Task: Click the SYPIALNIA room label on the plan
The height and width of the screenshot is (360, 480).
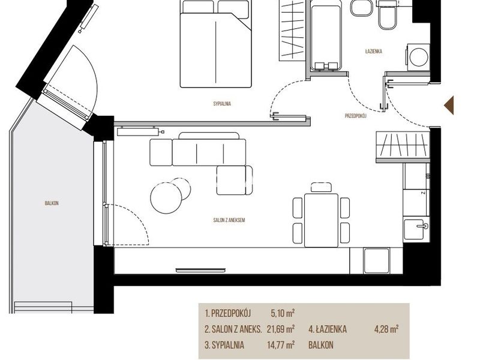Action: pyautogui.click(x=222, y=104)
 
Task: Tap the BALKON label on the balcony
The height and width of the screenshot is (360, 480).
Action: pyautogui.click(x=52, y=203)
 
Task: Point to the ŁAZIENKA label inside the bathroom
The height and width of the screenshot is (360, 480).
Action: pyautogui.click(x=373, y=52)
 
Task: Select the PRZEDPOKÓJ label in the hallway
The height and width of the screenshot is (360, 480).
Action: pyautogui.click(x=355, y=116)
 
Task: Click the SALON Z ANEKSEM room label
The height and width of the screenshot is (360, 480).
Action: pyautogui.click(x=229, y=220)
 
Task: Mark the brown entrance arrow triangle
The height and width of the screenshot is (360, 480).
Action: pyautogui.click(x=449, y=105)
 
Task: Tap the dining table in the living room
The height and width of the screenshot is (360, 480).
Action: pyautogui.click(x=321, y=220)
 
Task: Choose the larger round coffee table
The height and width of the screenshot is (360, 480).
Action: pyautogui.click(x=166, y=198)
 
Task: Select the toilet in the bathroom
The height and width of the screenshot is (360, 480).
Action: pyautogui.click(x=387, y=16)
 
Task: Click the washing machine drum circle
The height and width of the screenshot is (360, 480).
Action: pyautogui.click(x=418, y=56)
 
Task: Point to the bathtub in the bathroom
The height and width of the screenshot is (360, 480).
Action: pyautogui.click(x=326, y=35)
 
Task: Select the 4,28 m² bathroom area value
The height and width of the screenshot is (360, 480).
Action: pyautogui.click(x=386, y=329)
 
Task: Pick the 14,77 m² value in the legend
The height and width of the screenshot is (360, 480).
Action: pyautogui.click(x=281, y=345)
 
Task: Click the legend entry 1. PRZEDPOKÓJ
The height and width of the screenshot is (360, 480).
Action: pyautogui.click(x=228, y=313)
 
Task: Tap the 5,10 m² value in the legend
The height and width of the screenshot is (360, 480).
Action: pyautogui.click(x=283, y=313)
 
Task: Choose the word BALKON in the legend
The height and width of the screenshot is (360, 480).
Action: pyautogui.click(x=321, y=345)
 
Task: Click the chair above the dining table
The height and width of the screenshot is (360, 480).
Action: pyautogui.click(x=321, y=187)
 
